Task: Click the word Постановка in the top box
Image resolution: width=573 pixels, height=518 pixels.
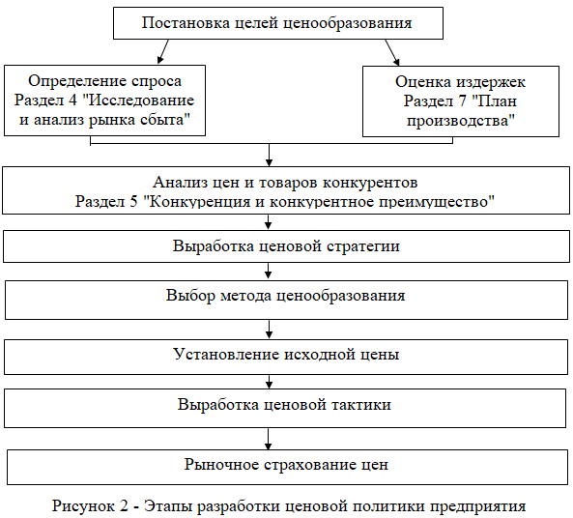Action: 186,22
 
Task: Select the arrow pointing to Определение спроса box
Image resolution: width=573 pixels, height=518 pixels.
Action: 163,51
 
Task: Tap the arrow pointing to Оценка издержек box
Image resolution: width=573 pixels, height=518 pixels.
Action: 392,52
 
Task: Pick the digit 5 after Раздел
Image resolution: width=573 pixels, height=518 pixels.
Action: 133,201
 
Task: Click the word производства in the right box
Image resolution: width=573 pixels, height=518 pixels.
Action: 461,121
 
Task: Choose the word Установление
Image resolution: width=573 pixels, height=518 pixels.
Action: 226,354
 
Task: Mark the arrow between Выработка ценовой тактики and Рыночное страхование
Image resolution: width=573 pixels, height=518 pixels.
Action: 269,439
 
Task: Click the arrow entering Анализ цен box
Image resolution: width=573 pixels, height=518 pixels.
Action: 269,155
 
